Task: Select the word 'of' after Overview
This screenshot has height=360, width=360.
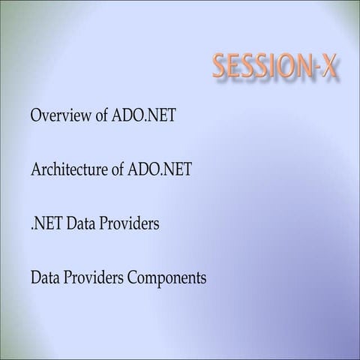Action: coord(98,116)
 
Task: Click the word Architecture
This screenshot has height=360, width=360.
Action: coord(69,170)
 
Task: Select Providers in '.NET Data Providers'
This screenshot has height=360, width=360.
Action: coord(128,224)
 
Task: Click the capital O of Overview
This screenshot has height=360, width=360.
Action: coord(36,116)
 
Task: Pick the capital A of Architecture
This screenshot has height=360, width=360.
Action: coord(36,170)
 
